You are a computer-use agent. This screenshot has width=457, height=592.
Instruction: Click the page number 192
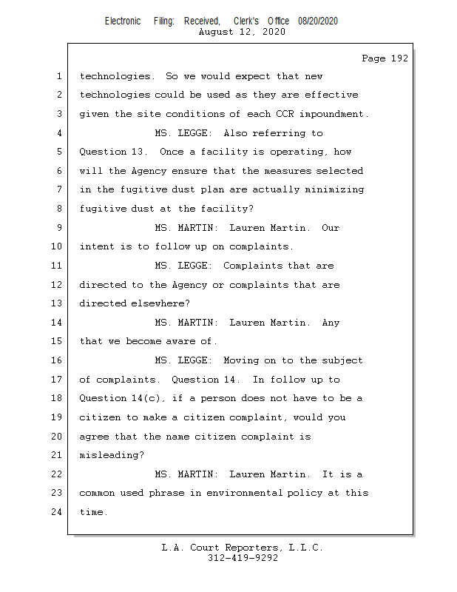click(399, 58)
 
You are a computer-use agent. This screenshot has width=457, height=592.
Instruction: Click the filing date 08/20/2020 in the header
click(318, 21)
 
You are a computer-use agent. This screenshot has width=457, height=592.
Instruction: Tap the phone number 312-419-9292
click(243, 558)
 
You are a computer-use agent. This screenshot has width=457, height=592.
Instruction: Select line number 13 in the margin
click(57, 303)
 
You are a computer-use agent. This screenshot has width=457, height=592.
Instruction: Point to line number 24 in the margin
click(57, 512)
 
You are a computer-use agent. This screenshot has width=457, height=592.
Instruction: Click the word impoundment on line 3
click(331, 114)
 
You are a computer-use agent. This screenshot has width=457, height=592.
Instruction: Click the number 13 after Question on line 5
click(137, 152)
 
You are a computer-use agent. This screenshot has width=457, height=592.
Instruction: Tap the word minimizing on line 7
click(334, 189)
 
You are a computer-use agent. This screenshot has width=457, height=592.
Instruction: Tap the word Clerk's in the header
click(246, 21)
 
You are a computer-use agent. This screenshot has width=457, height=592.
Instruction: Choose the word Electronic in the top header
click(123, 21)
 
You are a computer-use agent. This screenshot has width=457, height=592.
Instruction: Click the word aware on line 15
click(180, 341)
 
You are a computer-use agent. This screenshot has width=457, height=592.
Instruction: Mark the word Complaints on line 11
click(253, 266)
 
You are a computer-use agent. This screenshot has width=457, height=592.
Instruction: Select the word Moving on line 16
click(241, 360)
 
